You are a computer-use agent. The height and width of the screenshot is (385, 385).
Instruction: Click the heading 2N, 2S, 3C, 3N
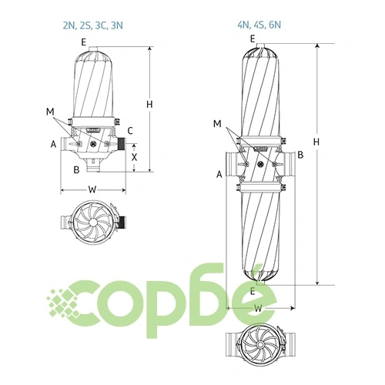tap(93, 25)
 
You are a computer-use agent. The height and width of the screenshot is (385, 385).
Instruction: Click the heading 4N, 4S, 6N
tap(259, 25)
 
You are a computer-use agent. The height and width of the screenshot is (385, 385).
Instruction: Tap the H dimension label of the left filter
tap(149, 105)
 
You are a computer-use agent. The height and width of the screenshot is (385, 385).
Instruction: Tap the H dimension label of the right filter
tap(316, 142)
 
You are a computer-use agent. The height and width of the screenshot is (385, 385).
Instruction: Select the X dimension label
tap(134, 157)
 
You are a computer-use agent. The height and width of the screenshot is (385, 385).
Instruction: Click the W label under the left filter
tap(92, 189)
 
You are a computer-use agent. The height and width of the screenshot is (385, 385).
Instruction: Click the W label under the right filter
tap(259, 308)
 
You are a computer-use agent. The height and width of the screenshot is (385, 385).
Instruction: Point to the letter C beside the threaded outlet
tap(130, 131)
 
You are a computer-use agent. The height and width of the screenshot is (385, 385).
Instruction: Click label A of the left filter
tap(53, 144)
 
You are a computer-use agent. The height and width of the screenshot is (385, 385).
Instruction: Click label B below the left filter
tap(76, 169)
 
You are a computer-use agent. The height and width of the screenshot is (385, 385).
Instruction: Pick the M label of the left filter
tap(50, 112)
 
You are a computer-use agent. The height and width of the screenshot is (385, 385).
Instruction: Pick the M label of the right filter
tap(217, 124)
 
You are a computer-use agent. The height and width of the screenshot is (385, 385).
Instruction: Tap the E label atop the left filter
tap(84, 42)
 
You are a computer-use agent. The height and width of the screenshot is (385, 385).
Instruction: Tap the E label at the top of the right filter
tap(253, 39)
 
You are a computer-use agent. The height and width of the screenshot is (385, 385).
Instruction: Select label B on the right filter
tap(300, 155)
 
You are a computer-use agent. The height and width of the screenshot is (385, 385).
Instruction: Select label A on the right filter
tap(219, 174)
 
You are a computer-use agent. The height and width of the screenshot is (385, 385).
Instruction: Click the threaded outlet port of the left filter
tap(122, 145)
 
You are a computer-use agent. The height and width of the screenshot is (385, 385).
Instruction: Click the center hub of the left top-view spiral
tap(93, 222)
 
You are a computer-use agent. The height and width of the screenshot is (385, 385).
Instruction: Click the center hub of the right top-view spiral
tap(260, 344)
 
